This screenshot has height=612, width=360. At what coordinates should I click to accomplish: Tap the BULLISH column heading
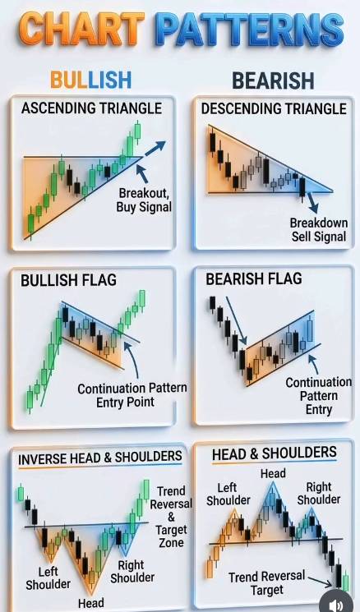pos(90,80)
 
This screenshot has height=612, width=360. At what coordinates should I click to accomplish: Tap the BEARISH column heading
pos(273,81)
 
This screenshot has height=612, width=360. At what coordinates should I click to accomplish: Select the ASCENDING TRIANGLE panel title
pos(91,108)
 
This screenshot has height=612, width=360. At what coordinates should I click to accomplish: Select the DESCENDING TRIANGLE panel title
pos(274,108)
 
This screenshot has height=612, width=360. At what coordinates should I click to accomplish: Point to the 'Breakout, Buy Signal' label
pos(144,200)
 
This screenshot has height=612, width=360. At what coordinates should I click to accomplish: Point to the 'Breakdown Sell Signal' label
pos(319,229)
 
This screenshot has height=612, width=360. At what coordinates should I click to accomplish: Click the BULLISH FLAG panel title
pos(68,280)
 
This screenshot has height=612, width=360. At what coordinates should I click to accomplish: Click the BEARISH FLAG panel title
pos(254,278)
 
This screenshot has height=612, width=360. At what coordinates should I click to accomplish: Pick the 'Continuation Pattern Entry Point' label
pos(132,395)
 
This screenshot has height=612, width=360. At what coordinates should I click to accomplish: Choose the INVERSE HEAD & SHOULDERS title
pos(100,458)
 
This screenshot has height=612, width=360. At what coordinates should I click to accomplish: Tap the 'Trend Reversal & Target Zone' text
pos(171,517)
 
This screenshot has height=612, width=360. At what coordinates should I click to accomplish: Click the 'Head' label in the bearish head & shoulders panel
pos(273,473)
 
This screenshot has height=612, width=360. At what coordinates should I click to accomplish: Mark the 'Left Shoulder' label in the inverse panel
pos(48,578)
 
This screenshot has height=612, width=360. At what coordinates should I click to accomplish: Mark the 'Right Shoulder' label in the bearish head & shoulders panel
pos(319,493)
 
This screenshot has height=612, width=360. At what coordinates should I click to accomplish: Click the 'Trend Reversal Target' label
pos(266,582)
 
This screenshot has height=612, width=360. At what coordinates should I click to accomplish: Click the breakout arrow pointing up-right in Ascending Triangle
pos(155,149)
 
